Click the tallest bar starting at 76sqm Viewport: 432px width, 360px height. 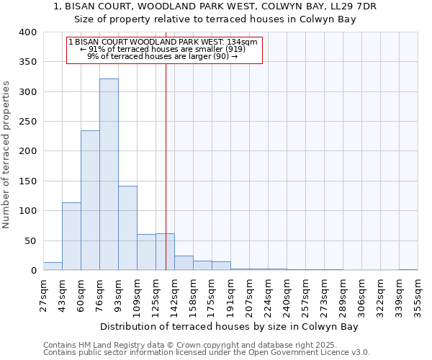click(109, 174)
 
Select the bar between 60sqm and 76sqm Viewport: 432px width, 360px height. click(90, 200)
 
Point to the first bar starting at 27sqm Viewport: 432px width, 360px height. click(53, 266)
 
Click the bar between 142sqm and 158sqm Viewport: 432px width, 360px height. click(184, 264)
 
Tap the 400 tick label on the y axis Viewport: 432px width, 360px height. click(27, 32)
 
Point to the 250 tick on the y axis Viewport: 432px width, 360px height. click(27, 122)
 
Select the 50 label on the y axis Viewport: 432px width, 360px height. click(30, 240)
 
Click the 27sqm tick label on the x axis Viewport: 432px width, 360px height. click(44, 296)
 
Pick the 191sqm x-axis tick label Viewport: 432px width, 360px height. click(231, 296)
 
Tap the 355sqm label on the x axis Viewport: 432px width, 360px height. click(418, 296)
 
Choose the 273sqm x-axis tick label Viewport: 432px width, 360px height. click(325, 296)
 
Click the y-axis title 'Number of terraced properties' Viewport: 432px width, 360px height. click(6, 154)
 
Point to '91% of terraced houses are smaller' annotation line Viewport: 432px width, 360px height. click(164, 48)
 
